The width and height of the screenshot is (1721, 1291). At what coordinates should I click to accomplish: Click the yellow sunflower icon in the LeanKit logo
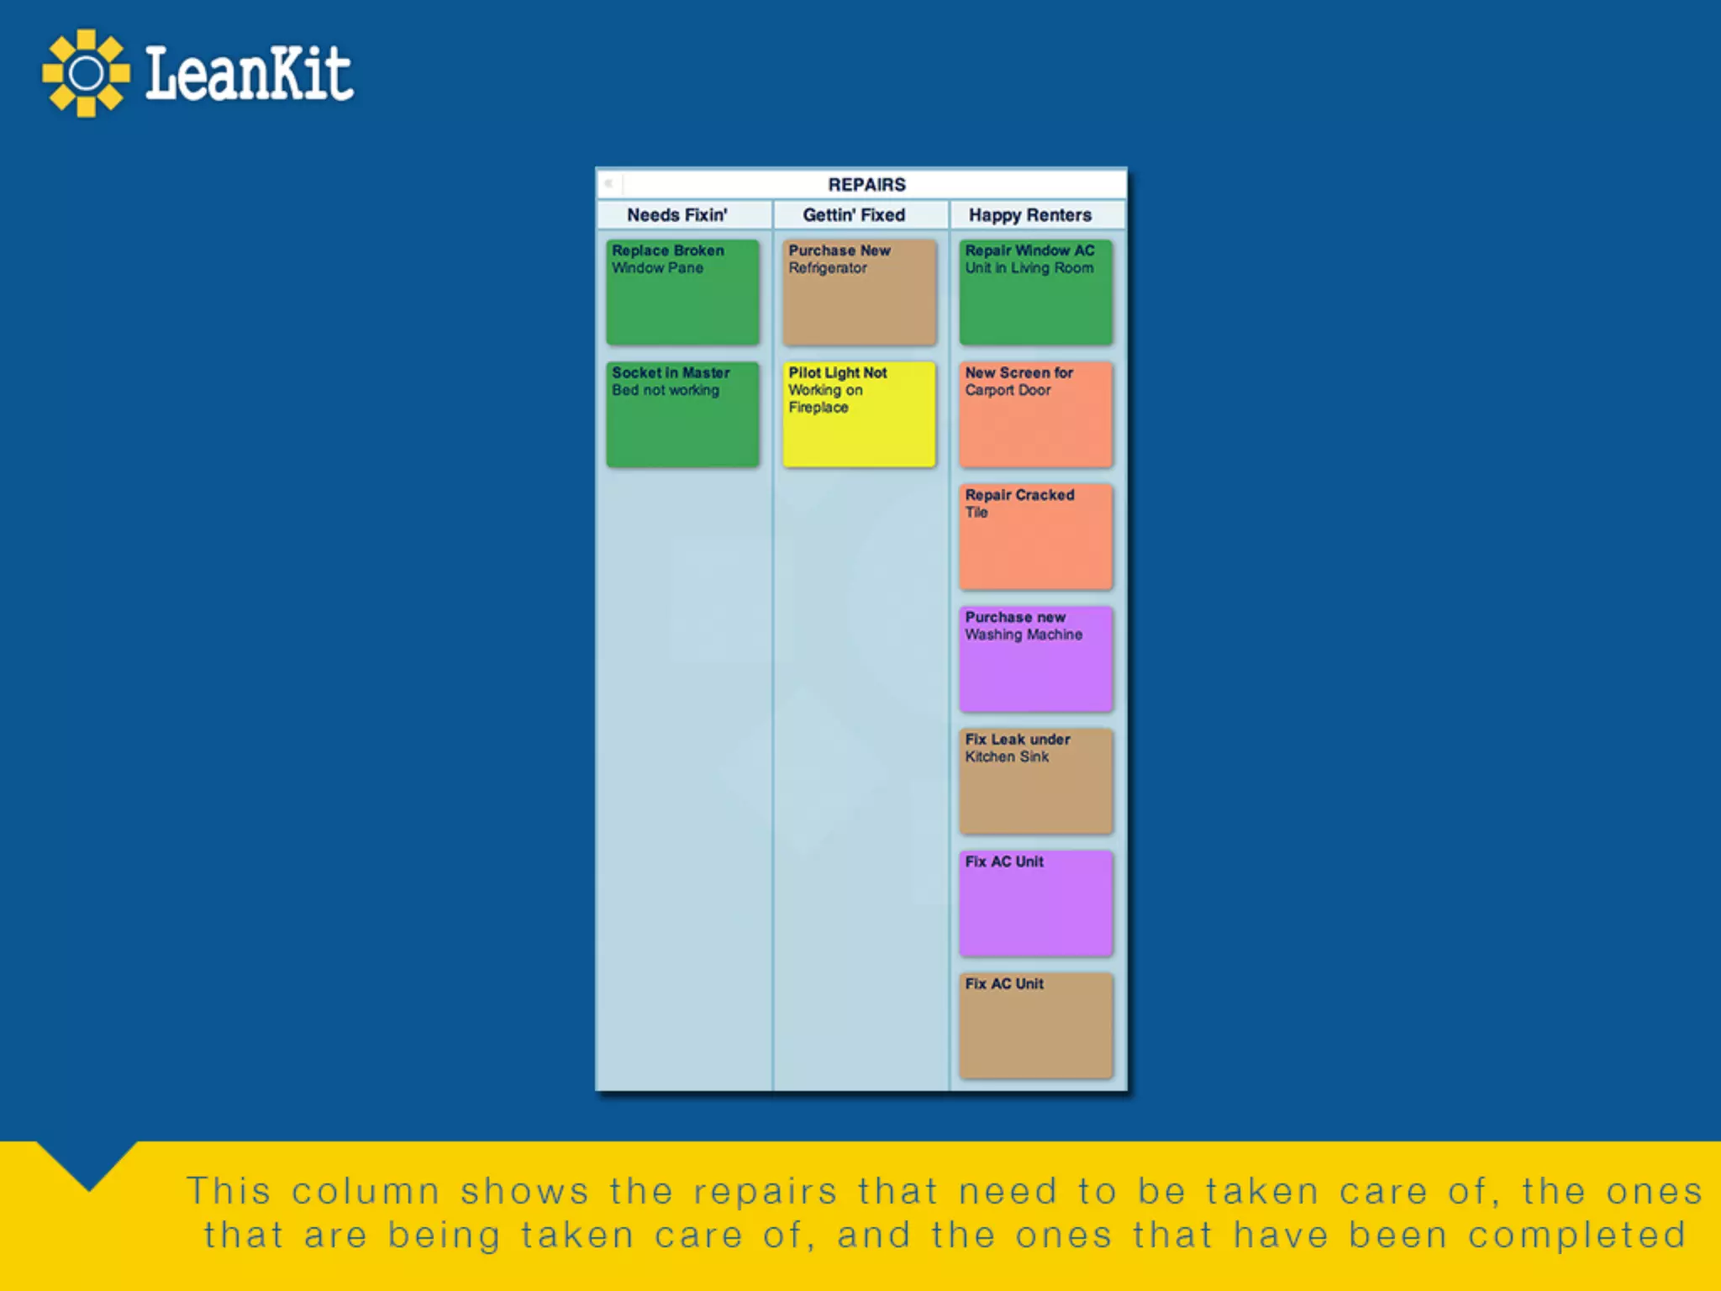(x=86, y=74)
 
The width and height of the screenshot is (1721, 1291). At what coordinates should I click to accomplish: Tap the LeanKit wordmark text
(x=249, y=74)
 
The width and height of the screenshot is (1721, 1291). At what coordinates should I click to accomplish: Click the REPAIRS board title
(x=866, y=184)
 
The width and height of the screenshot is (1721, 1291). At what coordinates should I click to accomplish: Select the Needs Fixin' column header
(x=677, y=215)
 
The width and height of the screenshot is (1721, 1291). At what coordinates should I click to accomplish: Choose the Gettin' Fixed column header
(x=854, y=215)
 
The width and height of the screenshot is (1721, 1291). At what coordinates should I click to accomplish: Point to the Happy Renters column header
(x=1030, y=215)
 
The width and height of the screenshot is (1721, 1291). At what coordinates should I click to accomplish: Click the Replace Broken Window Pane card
(x=682, y=292)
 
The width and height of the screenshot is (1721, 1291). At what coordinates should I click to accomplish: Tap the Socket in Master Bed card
(x=682, y=414)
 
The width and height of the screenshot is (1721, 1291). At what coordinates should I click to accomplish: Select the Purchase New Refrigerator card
(x=859, y=292)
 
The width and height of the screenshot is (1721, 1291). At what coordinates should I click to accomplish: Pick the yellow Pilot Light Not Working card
(x=859, y=414)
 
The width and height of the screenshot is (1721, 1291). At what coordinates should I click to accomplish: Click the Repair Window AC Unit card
(x=1036, y=292)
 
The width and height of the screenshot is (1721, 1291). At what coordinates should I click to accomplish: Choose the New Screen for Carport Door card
(x=1036, y=414)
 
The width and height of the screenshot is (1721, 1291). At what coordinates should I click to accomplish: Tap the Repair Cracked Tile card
(x=1036, y=536)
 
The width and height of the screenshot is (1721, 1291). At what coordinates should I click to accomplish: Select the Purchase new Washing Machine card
(x=1036, y=659)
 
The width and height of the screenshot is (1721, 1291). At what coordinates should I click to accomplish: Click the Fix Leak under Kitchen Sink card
(x=1036, y=781)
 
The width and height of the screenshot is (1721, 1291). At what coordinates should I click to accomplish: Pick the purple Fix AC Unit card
(x=1036, y=904)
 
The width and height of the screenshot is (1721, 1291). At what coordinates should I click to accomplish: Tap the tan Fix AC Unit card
(x=1036, y=1025)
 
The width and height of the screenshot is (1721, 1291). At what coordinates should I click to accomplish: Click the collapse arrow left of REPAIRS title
(x=608, y=183)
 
